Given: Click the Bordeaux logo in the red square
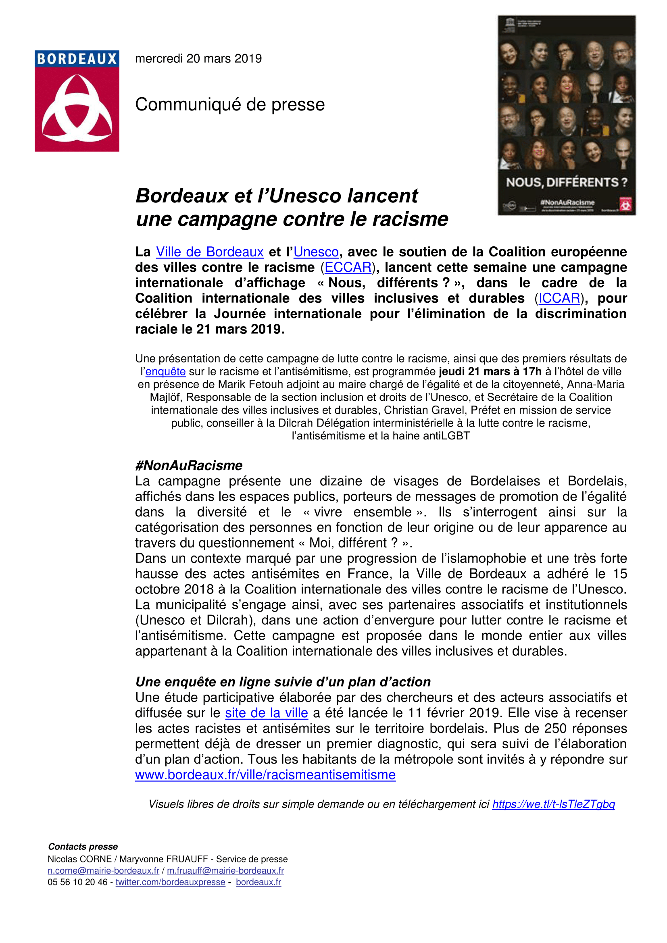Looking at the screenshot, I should point(77,101).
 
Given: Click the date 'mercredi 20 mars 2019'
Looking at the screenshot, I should point(198,59).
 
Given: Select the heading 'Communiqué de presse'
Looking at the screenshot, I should point(229,105).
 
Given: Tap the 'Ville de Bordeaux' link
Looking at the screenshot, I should point(209,252).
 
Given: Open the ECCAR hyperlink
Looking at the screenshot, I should point(348,267).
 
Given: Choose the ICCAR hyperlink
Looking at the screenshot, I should point(559,299).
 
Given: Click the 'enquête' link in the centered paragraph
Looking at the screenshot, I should point(165,372).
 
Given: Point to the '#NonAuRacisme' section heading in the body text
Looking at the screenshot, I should point(189,465).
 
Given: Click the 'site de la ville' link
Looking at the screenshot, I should point(266,713).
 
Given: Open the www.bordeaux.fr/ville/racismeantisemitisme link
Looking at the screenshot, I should point(265,775).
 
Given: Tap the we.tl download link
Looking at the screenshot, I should point(553,804).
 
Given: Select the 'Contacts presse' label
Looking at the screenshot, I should point(83,847).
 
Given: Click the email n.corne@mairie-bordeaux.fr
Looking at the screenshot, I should point(104,871).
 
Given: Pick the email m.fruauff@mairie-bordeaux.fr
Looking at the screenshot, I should point(225,871).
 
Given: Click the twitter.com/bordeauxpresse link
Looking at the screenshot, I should point(171,882).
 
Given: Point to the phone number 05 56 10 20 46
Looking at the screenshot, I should point(77,882).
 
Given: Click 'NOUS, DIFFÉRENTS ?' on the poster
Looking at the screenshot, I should point(566,182).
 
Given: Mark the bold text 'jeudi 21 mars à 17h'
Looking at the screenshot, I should point(490,372).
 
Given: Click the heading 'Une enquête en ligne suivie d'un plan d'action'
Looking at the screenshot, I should point(283,682).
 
